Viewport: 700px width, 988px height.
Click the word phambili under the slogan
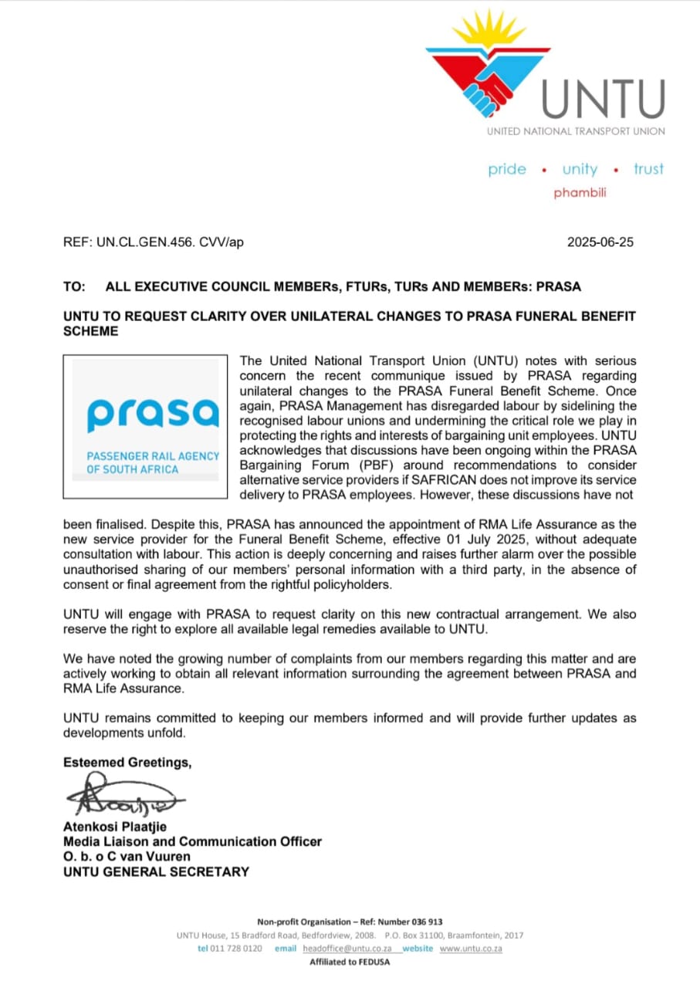tap(580, 193)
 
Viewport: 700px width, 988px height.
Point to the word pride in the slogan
tap(507, 170)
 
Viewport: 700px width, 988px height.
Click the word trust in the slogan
tap(648, 169)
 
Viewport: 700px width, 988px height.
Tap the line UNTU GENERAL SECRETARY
tap(156, 871)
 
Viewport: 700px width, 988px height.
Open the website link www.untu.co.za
tap(471, 948)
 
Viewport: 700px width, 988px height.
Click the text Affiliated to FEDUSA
tap(350, 962)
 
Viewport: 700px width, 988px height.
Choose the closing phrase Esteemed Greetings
tap(127, 762)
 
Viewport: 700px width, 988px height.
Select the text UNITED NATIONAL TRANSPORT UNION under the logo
tap(575, 131)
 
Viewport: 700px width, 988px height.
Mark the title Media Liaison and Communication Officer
tap(192, 841)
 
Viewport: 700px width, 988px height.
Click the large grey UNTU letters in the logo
tap(602, 98)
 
